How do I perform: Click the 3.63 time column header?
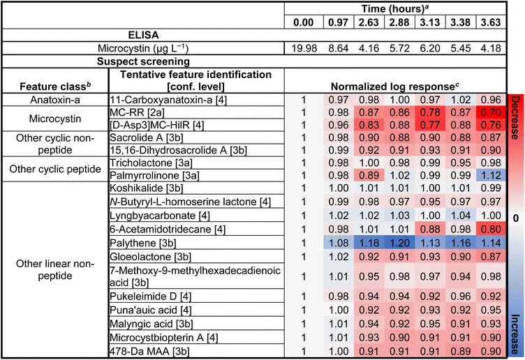tap(491, 22)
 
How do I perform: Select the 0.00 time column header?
tap(304, 22)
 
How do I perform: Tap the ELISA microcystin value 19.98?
tap(304, 48)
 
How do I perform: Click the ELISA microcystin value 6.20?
tap(430, 48)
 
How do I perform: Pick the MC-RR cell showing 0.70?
tap(491, 112)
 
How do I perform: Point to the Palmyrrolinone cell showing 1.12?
tap(491, 175)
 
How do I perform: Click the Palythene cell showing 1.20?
tap(399, 243)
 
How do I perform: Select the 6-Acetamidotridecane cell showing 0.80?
tap(491, 229)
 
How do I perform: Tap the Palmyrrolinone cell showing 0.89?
tap(369, 175)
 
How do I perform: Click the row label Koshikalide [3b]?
tap(147, 188)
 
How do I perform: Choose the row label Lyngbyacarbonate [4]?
tap(160, 216)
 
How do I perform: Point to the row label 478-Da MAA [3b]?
tap(149, 352)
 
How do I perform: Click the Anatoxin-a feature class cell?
tap(55, 100)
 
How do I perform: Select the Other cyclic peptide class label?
tap(55, 169)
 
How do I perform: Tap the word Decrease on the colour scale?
tap(516, 117)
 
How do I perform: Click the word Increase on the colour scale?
tap(516, 335)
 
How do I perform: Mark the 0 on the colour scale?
tap(516, 218)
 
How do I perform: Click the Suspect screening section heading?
tap(143, 61)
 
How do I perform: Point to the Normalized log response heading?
tap(395, 87)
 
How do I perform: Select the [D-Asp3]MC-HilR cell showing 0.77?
tap(430, 125)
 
